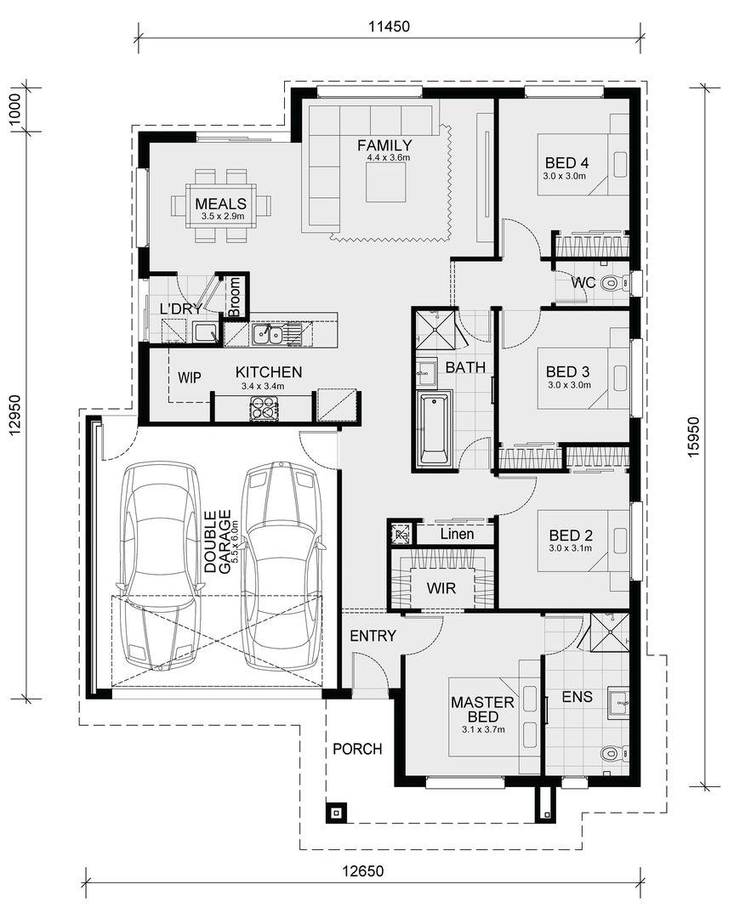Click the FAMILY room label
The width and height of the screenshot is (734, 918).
pyautogui.click(x=385, y=145)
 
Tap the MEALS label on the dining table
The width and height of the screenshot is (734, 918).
pyautogui.click(x=221, y=204)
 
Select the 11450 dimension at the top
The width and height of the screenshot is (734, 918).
pyautogui.click(x=389, y=26)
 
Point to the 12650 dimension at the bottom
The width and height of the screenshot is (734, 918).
pyautogui.click(x=363, y=870)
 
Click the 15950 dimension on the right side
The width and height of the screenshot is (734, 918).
pyautogui.click(x=693, y=437)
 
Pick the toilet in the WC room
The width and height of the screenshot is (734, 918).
pyautogui.click(x=614, y=283)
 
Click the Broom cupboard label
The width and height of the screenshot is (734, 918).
pyautogui.click(x=234, y=297)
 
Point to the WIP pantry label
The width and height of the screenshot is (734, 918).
pyautogui.click(x=189, y=377)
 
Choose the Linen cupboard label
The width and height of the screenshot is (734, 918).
pyautogui.click(x=457, y=534)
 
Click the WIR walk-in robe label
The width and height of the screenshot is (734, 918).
pyautogui.click(x=441, y=588)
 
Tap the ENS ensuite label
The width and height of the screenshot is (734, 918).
pyautogui.click(x=577, y=697)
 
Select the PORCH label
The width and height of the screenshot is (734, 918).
pyautogui.click(x=357, y=749)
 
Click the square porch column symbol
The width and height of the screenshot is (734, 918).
pyautogui.click(x=336, y=813)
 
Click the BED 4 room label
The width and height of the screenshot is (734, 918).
pyautogui.click(x=567, y=162)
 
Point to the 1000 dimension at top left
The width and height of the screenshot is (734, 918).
pyautogui.click(x=15, y=109)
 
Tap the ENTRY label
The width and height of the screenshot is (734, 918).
pyautogui.click(x=373, y=636)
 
